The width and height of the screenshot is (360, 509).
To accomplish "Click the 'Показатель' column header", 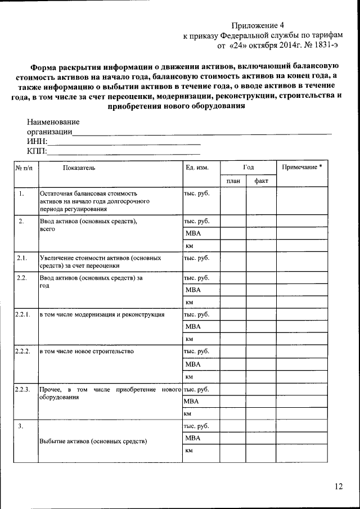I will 79,168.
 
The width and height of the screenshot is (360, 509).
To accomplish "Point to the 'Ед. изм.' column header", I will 197,168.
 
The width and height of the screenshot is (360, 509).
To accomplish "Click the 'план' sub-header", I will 233,181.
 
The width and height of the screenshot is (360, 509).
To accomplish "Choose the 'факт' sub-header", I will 261,181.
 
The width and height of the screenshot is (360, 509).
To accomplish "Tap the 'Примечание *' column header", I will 302,168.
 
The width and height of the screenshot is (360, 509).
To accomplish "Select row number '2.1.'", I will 22,258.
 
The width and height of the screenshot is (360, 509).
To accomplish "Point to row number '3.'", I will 20,426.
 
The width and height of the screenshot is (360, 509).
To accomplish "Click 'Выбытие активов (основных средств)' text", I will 93,441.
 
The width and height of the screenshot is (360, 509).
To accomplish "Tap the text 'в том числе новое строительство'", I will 86,352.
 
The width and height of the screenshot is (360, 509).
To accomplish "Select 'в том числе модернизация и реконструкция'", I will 101,314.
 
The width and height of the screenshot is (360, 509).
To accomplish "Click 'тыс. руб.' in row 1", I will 196,193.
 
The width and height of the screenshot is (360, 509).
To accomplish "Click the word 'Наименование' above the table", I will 53,122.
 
